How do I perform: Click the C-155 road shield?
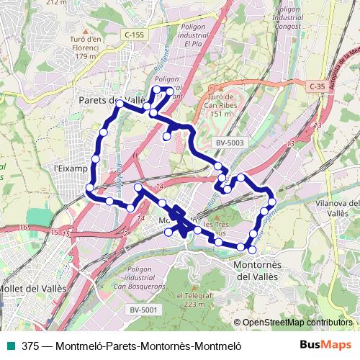[133, 34]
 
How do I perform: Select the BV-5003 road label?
[230, 143]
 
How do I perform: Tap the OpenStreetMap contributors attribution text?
[297, 323]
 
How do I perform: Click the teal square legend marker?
[10, 346]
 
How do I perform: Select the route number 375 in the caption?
[30, 346]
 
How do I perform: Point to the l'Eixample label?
[70, 168]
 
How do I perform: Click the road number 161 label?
[26, 227]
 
